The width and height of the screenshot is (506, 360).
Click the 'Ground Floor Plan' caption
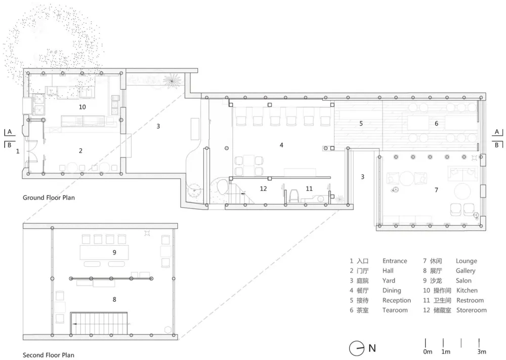[49, 197]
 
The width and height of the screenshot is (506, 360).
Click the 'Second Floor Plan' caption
[49, 355]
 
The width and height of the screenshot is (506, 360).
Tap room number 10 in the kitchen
[82, 107]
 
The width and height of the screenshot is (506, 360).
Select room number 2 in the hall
[80, 151]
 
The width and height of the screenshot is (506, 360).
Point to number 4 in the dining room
[281, 145]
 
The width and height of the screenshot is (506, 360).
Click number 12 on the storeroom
[263, 188]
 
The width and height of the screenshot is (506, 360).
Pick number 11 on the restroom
[309, 188]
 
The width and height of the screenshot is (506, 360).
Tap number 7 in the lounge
[436, 190]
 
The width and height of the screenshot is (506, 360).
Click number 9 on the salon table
[114, 252]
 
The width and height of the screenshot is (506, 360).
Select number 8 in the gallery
[114, 300]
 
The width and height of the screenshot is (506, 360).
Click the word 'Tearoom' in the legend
[395, 310]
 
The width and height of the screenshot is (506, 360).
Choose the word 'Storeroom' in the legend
[472, 310]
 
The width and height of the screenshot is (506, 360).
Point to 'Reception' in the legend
[397, 300]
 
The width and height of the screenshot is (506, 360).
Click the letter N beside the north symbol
[372, 348]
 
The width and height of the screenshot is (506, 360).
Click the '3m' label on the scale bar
[482, 351]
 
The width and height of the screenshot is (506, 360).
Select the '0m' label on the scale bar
[428, 351]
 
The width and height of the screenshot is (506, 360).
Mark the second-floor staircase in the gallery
[99, 323]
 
